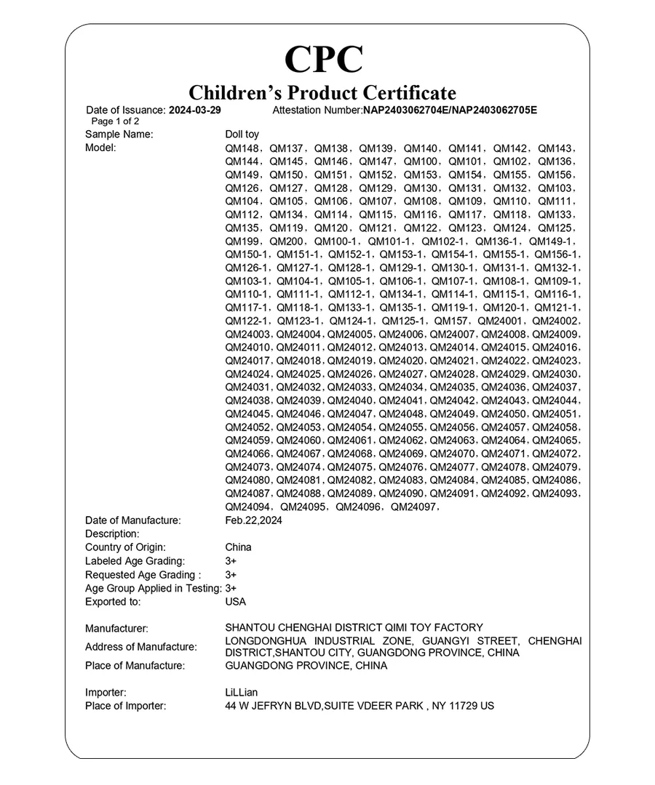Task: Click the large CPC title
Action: coord(323,59)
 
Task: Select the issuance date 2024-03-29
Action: coord(194,110)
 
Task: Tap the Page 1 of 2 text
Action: coord(115,121)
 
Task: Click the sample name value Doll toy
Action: coord(242,134)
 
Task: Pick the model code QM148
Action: coord(242,148)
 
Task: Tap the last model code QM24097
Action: coord(413,507)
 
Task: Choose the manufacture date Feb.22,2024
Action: coord(254,520)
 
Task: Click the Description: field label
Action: coord(112,534)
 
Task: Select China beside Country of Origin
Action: coord(239,547)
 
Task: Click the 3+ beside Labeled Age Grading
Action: coord(231,561)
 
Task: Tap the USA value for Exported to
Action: coord(236,602)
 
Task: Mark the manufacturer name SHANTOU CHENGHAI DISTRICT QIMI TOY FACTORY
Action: coord(354,628)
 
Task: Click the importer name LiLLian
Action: coord(242,693)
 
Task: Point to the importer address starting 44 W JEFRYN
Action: coord(360,706)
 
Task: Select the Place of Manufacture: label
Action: coord(135,666)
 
